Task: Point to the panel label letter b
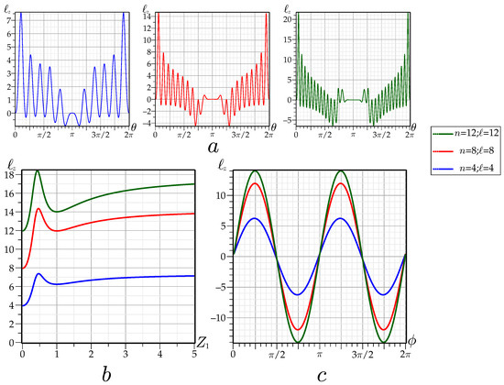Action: [x=111, y=373]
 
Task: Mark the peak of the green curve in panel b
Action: [x=38, y=171]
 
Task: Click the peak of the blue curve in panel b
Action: [x=38, y=274]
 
